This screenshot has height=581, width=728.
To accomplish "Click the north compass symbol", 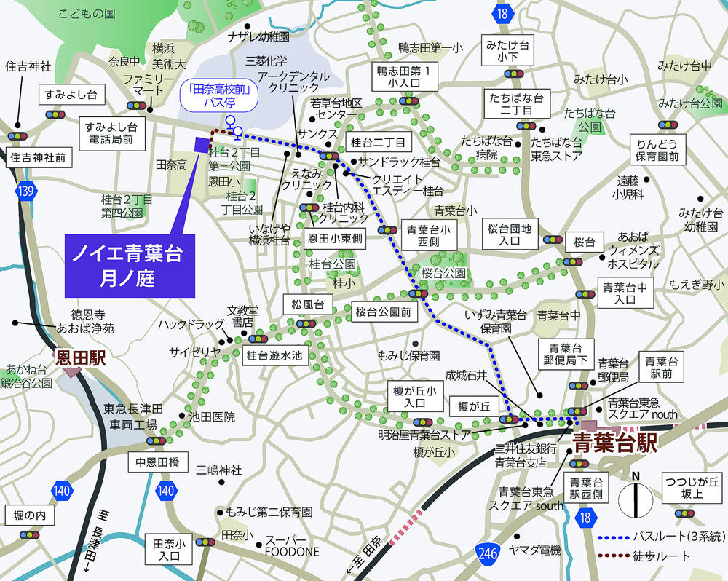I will click(636, 499).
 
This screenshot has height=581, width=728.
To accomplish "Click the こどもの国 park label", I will click(87, 13).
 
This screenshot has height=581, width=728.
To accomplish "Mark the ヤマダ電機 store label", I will click(535, 550).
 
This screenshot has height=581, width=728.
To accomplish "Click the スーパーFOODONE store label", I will click(291, 545).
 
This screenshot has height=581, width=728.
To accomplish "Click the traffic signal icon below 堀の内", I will click(30, 534).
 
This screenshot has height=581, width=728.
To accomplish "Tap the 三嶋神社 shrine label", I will click(218, 470).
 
